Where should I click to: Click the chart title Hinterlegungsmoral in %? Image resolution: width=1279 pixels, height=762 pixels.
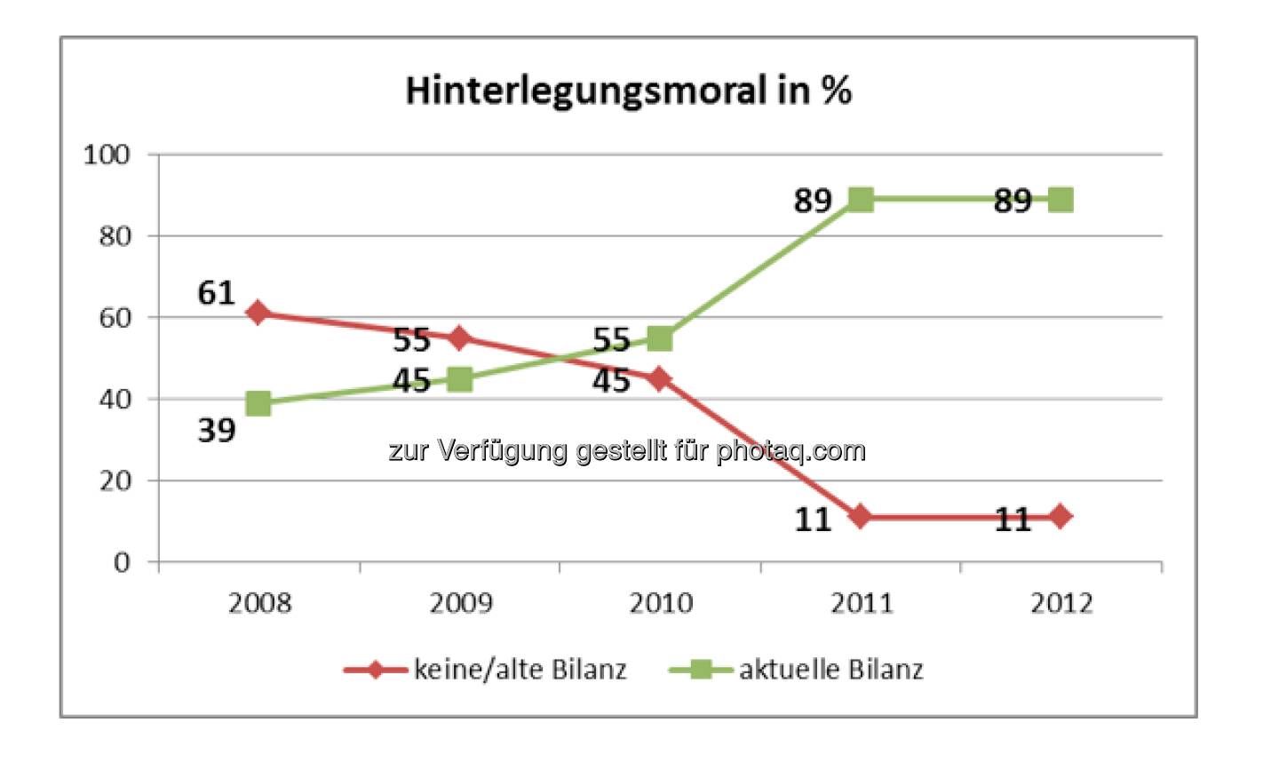coord(628,91)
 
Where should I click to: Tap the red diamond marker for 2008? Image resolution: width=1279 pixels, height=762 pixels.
coord(258,313)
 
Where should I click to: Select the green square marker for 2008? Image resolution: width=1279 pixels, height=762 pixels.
coord(258,403)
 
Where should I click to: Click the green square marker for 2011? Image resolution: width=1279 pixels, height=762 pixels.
coord(861,200)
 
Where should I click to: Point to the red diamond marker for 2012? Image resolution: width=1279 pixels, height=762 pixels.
coord(1060,516)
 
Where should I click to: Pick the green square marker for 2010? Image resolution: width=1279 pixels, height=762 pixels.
coord(660,338)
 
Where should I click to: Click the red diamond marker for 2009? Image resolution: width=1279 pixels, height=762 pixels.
coord(459,337)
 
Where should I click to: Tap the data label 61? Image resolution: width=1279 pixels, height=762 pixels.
coord(216,293)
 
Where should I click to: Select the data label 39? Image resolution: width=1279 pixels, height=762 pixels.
coord(216,431)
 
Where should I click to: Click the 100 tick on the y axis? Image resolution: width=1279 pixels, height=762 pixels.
coord(107,155)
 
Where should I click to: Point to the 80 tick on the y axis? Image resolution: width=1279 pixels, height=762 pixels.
coord(114,236)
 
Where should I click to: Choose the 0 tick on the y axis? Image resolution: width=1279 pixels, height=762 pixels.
coord(122,562)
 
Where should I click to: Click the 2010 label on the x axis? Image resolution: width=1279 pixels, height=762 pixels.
coord(660,603)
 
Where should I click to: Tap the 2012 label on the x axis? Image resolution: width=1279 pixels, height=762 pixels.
coord(1061,603)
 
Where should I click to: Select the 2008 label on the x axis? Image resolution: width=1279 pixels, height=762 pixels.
coord(259,603)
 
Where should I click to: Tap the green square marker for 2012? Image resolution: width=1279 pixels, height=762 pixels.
coord(1061,200)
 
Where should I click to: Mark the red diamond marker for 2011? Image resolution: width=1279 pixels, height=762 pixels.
coord(860,516)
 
